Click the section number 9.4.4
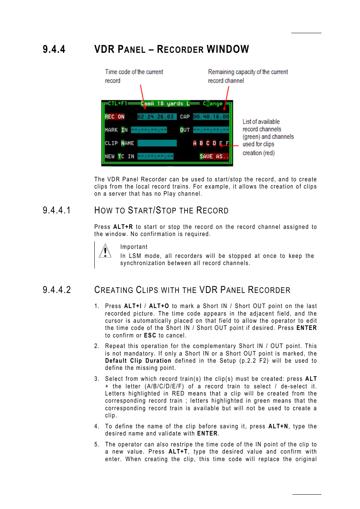coord(54,49)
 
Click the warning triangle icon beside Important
coord(105,251)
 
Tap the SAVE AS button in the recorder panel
coord(214,156)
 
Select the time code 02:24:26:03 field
coord(155,117)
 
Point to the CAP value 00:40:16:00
coord(211,117)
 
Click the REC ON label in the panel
coord(115,117)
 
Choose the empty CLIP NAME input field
coord(157,143)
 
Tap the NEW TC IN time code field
coord(155,156)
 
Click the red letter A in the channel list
coord(195,143)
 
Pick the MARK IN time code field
coord(149,130)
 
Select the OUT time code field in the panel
coord(211,130)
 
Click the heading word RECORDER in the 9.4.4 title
coord(180,49)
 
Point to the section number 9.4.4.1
coord(57,210)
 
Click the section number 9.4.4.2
coord(57,290)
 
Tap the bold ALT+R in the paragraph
coord(123,227)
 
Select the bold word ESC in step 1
coord(150,336)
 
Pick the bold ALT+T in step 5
coord(178,452)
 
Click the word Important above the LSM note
coord(134,247)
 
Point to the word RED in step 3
coord(178,394)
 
